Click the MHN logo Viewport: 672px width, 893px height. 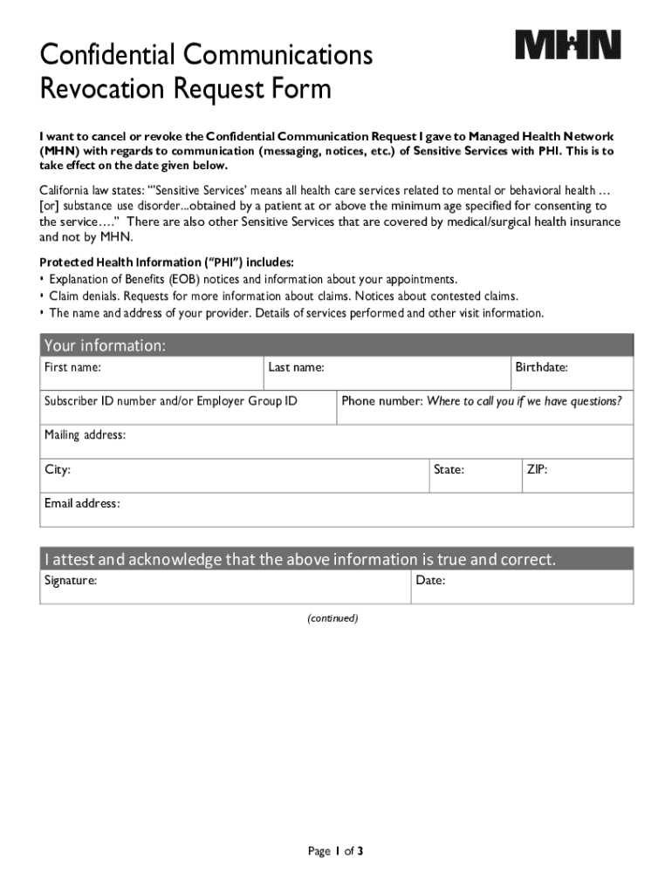point(567,44)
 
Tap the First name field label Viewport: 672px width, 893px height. point(72,368)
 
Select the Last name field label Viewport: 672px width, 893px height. point(296,368)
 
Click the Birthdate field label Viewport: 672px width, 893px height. point(541,368)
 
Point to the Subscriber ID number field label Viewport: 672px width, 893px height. point(170,401)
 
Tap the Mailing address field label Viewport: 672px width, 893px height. point(85,435)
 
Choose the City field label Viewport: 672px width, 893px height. point(58,470)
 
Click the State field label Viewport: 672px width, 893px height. point(449,470)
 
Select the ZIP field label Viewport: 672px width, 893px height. point(537,470)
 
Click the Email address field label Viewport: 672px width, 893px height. point(82,504)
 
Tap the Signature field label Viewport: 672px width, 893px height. point(71,580)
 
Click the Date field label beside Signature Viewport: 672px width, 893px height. point(430,580)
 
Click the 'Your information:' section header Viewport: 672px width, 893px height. point(105,345)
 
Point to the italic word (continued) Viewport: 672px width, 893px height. point(332,618)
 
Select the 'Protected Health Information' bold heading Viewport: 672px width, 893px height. point(167,262)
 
